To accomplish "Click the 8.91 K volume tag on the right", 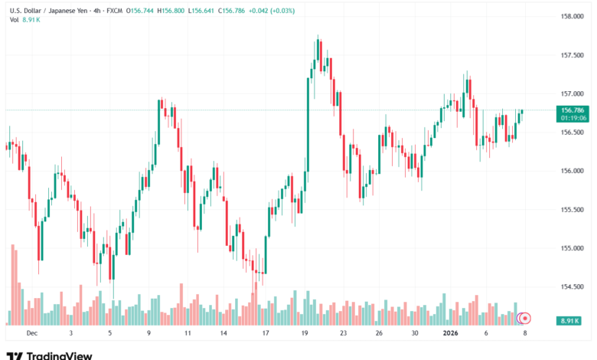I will click(569, 319).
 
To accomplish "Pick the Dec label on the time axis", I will click(31, 333).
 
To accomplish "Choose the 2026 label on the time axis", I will click(451, 333).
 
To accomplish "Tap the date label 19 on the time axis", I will click(305, 333).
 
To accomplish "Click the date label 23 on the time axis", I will click(344, 333).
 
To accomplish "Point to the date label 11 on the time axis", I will click(188, 333).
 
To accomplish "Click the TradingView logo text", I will click(59, 355).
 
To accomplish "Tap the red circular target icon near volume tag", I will click(525, 318).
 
